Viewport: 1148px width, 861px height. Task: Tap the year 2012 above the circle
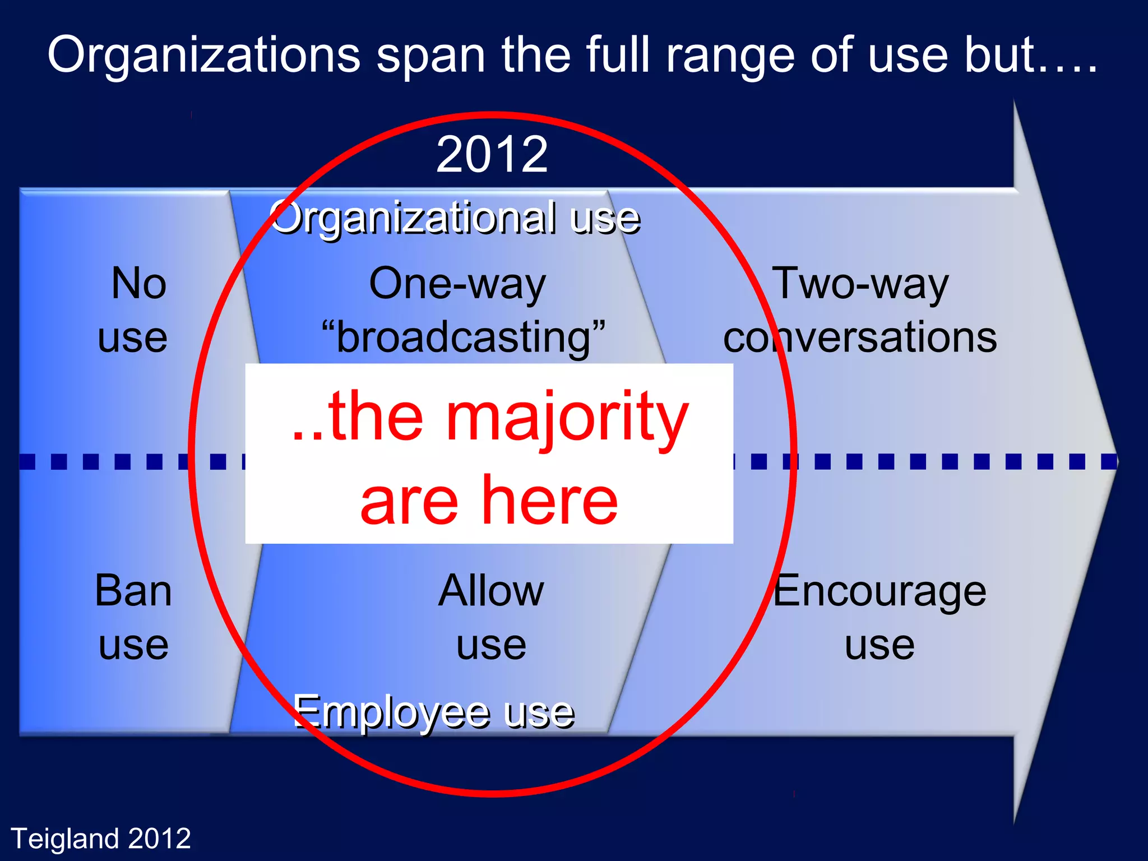[492, 155]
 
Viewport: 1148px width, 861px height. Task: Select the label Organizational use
[455, 218]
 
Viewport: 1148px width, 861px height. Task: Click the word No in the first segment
[138, 284]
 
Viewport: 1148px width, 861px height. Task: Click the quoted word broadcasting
[463, 338]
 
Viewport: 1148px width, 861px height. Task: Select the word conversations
[860, 338]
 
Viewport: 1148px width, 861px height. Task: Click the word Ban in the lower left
[133, 591]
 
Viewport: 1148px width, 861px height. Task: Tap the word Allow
[491, 591]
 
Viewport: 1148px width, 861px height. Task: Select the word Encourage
[879, 591]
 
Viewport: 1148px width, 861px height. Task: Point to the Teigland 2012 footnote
[101, 839]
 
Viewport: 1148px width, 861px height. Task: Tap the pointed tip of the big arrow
[1117, 461]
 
